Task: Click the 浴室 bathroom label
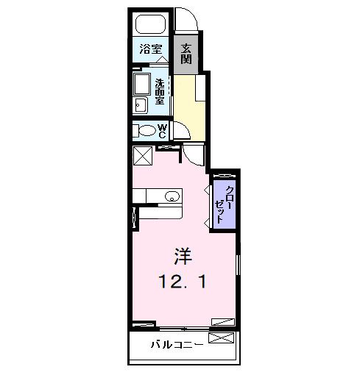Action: coord(152,51)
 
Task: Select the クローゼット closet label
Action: coord(225,200)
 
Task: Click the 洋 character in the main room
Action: coord(183,257)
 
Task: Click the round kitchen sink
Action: coord(172,196)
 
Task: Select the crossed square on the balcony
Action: coord(222,338)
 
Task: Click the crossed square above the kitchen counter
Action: coord(142,155)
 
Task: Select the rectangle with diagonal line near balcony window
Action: coord(223,321)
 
